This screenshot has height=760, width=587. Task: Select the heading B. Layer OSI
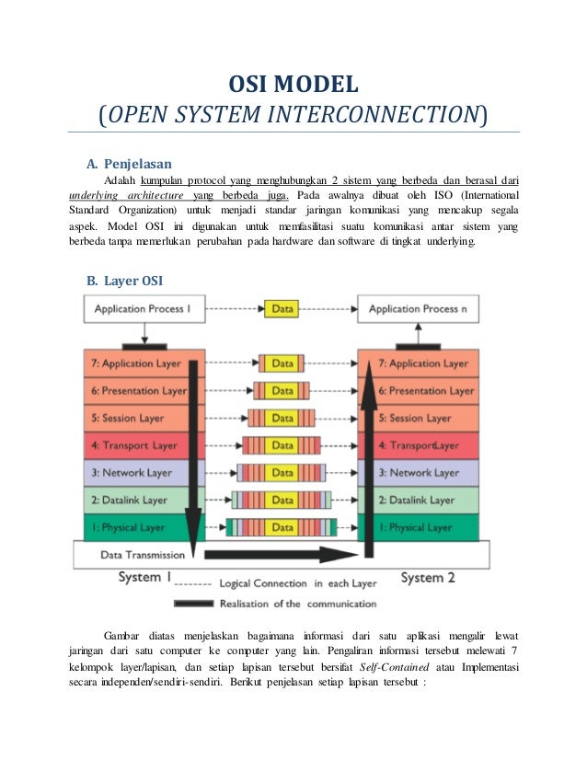[x=124, y=280]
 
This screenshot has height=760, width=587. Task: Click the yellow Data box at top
[x=282, y=309]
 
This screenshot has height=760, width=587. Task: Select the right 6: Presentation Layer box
[x=417, y=390]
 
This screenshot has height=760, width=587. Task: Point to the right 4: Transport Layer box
[x=417, y=445]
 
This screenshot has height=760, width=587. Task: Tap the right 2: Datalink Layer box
[x=417, y=500]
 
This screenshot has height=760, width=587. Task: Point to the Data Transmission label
[x=142, y=555]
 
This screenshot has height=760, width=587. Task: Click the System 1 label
[x=144, y=577]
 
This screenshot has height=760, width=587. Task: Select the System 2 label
[x=428, y=577]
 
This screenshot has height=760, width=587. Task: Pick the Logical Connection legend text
[x=296, y=583]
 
